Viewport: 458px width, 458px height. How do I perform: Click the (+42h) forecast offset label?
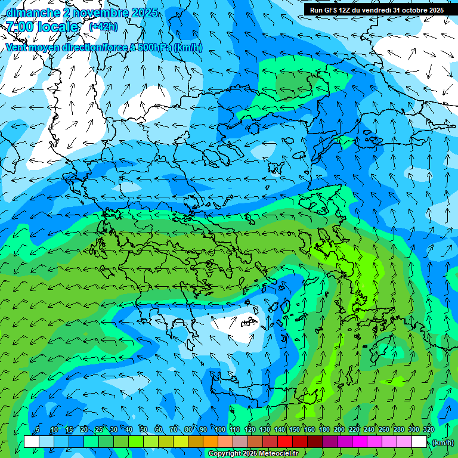coord(103,26)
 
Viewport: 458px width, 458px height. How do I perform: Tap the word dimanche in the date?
coord(32,13)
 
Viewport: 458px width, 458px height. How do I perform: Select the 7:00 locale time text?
coord(42,27)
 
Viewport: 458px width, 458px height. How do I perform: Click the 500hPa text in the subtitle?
coord(154,47)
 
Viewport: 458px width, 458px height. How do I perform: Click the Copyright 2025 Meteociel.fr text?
coord(253,453)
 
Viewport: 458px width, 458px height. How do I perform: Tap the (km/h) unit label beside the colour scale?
coord(442,442)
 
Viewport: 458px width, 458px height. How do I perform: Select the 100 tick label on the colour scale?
coord(220,429)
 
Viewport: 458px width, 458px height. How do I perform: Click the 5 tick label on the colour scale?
coord(38,429)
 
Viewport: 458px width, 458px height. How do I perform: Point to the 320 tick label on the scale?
coord(429,429)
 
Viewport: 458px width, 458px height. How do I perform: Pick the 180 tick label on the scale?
coord(324,429)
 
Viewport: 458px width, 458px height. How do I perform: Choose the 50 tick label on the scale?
coord(144,429)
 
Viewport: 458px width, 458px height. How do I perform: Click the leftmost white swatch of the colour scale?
coord(32,442)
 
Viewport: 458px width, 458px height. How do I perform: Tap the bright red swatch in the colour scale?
coord(285,442)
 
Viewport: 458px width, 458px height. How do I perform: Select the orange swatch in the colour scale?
coord(211,442)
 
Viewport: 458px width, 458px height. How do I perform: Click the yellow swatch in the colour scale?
coord(181,442)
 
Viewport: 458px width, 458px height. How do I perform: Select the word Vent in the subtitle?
coord(16,47)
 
